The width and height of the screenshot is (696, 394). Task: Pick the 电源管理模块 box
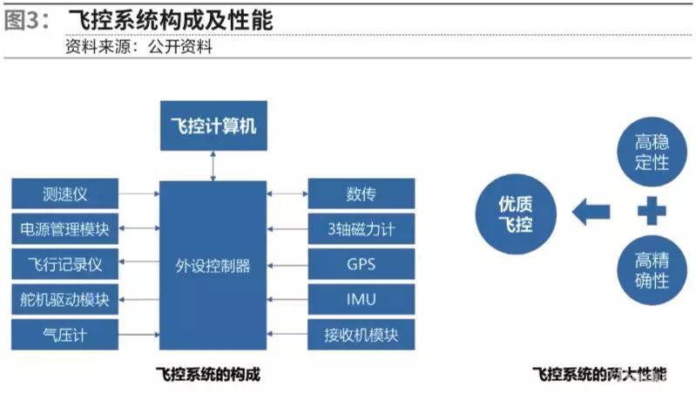tap(64, 229)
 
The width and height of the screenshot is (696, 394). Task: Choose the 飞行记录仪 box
tap(64, 264)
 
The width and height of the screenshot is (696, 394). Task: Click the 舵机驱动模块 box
tap(64, 299)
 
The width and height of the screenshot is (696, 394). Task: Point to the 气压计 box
tap(64, 334)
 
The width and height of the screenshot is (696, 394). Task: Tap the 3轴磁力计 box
tap(360, 229)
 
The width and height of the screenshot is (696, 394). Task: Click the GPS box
tap(360, 264)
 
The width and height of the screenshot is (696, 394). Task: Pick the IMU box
tap(360, 299)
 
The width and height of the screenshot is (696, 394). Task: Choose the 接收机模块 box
tap(360, 334)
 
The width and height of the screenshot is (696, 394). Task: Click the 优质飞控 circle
tap(515, 213)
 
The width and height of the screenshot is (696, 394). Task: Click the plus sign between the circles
tap(651, 210)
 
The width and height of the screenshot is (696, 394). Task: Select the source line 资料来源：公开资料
tap(139, 47)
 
